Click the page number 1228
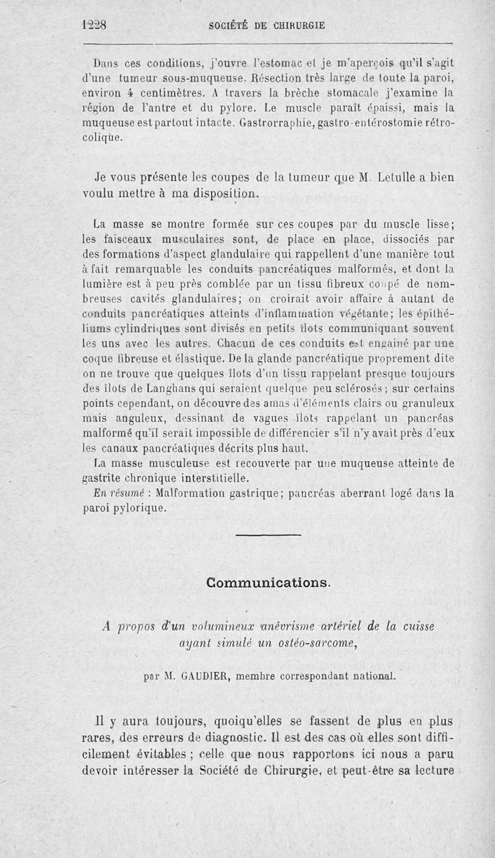94,25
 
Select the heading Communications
268,583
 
